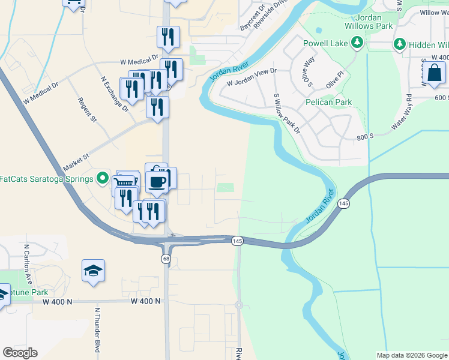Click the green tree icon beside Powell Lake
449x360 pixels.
[357, 42]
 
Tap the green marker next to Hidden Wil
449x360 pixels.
[399, 44]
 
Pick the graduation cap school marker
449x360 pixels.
[93, 270]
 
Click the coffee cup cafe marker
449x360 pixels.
[157, 182]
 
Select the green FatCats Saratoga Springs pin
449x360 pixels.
[103, 179]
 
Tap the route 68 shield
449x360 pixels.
[166, 259]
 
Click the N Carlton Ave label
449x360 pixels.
[27, 266]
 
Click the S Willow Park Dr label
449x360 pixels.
[287, 113]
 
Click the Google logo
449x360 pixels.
[20, 353]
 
